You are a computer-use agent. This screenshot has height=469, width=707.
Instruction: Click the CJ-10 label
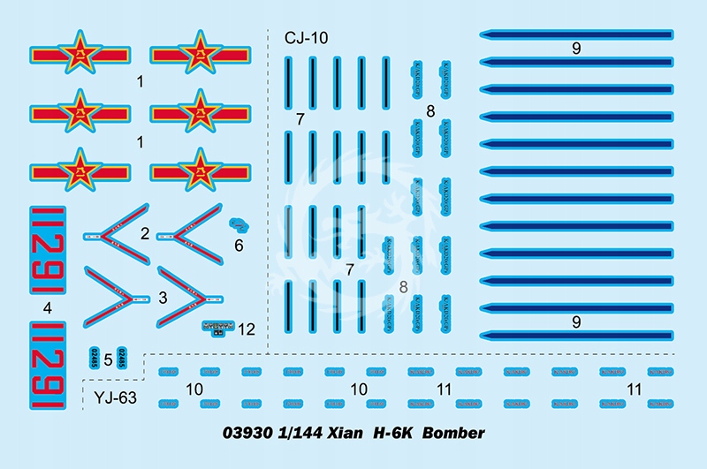tap(306, 39)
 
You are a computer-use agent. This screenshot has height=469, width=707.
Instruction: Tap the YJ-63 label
tap(115, 397)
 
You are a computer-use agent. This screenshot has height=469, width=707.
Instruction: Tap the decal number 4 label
tap(48, 308)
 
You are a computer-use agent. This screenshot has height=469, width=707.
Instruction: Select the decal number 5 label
tap(107, 359)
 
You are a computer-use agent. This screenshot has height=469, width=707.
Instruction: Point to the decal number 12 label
tap(246, 329)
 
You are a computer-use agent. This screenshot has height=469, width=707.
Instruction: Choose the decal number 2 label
tap(143, 233)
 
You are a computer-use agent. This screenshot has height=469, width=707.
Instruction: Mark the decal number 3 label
tap(163, 299)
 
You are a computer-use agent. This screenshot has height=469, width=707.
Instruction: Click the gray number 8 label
tap(404, 286)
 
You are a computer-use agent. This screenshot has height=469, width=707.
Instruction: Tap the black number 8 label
tap(430, 112)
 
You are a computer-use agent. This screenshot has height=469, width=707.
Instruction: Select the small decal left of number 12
tap(217, 328)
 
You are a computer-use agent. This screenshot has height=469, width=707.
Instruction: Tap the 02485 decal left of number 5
tap(94, 358)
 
